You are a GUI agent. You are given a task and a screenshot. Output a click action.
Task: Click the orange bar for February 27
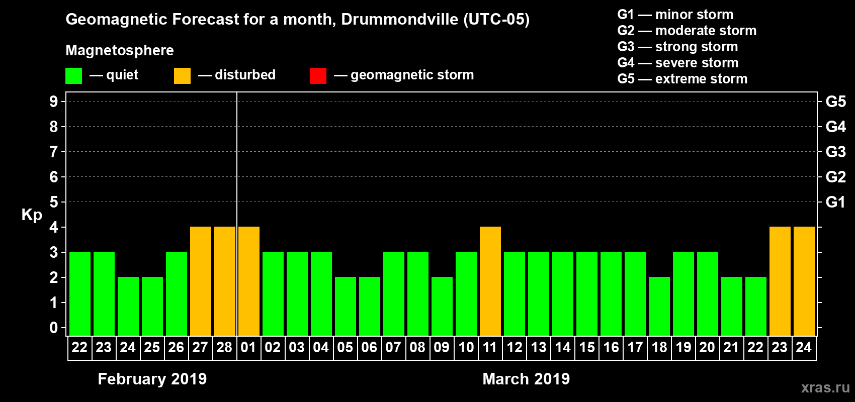click(x=201, y=281)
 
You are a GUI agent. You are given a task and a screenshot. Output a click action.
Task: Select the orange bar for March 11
click(x=490, y=281)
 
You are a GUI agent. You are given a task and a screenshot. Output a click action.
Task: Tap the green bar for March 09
click(x=442, y=306)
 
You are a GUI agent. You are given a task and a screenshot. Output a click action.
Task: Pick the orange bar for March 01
click(x=249, y=281)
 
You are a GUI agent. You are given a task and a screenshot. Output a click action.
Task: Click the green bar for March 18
click(x=659, y=306)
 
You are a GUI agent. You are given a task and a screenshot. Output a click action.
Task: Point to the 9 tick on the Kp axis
click(x=54, y=102)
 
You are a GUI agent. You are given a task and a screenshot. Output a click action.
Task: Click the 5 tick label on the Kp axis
click(x=54, y=202)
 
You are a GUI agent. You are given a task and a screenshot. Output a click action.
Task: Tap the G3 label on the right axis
click(x=835, y=152)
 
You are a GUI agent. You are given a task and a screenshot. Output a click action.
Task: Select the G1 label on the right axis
click(x=835, y=202)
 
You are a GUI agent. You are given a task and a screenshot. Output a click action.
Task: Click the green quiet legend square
click(x=74, y=76)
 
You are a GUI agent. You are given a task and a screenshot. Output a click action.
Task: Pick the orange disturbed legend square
click(x=182, y=76)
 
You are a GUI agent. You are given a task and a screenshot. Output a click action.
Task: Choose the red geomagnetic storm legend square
click(x=318, y=76)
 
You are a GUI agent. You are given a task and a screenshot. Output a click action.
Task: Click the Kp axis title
click(x=32, y=215)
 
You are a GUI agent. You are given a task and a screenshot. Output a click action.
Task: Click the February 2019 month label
click(x=152, y=379)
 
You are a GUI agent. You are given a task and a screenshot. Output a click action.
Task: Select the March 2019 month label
click(x=526, y=379)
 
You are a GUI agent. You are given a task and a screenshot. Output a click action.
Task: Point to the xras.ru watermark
click(x=825, y=387)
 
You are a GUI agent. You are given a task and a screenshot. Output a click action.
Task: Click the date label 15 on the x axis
click(x=587, y=348)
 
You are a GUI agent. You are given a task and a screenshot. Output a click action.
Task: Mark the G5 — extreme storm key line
click(x=682, y=79)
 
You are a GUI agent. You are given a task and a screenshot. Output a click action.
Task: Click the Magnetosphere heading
click(x=120, y=50)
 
